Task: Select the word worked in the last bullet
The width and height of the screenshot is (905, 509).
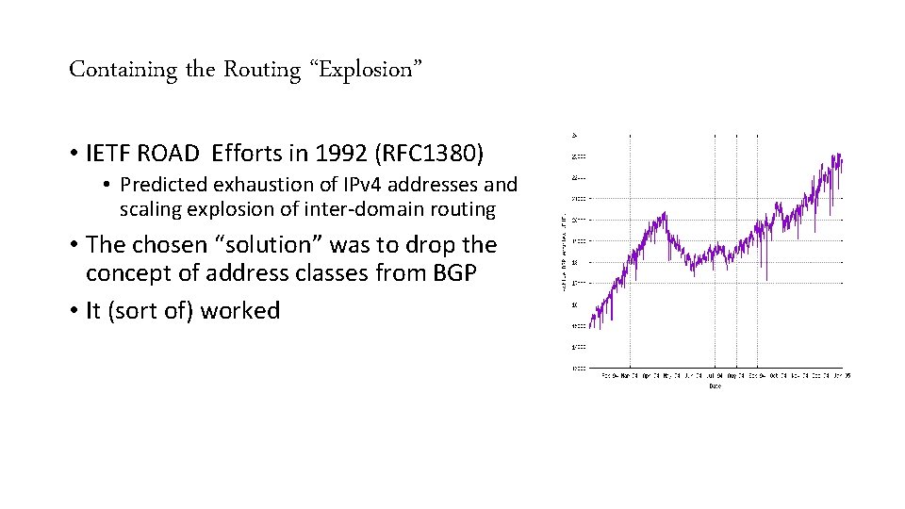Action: tap(240, 311)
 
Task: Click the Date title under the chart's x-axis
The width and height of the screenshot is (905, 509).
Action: tap(715, 385)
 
